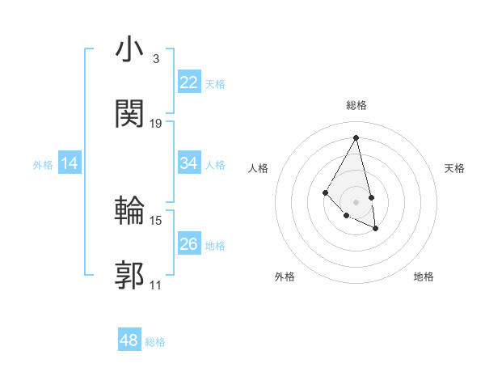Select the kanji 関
130,114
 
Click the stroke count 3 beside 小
155,59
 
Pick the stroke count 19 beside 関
156,123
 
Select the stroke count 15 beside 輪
156,220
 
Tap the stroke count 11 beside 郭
156,285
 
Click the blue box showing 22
188,82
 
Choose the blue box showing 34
188,163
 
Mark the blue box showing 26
188,244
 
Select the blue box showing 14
70,163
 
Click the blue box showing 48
129,340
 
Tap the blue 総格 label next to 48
155,342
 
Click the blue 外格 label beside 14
43,165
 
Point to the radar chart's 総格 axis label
356,105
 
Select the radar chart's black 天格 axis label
454,168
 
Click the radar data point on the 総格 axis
356,137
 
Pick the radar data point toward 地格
376,229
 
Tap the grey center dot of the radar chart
356,201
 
